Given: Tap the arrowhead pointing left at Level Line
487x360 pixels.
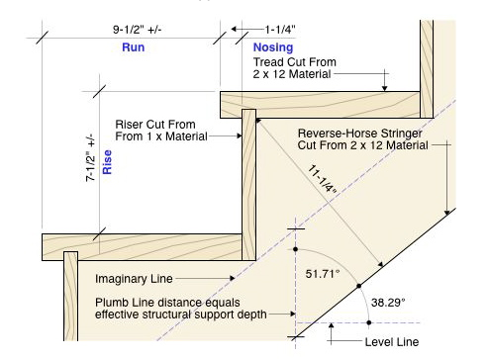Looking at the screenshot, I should tap(335, 341).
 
